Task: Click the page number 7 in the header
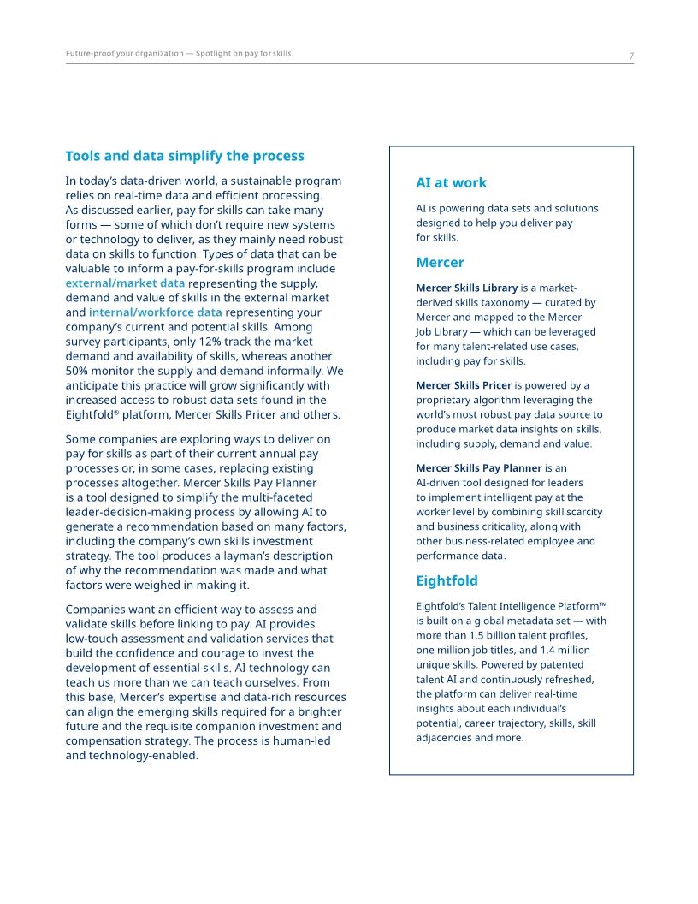(x=631, y=56)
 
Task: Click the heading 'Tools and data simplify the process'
(x=185, y=156)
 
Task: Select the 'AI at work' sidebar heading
(x=451, y=182)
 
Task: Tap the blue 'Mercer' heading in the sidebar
(x=440, y=263)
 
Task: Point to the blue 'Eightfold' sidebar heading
(x=447, y=581)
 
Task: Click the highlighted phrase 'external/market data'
(x=125, y=283)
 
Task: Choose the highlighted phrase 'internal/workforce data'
(x=155, y=312)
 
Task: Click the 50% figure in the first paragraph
(x=80, y=371)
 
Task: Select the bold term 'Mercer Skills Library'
(x=467, y=288)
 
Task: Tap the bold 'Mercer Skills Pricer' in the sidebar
(x=464, y=385)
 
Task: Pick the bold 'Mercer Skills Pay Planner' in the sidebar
(x=478, y=468)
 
